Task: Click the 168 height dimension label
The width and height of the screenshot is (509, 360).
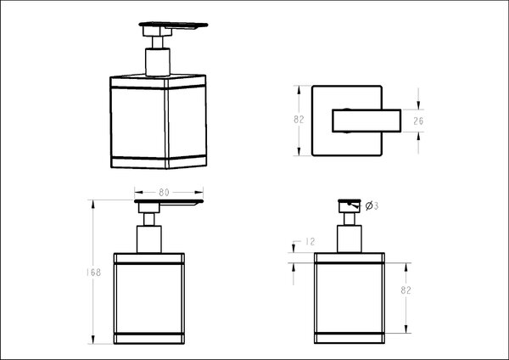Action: [x=93, y=273]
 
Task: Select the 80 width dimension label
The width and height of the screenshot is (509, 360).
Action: [x=164, y=193]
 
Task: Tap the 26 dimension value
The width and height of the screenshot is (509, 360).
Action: [x=418, y=121]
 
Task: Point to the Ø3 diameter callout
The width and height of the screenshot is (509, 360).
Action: [x=372, y=205]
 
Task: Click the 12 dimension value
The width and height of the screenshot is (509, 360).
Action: [x=310, y=242]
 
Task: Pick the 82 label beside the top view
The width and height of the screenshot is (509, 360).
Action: [x=299, y=120]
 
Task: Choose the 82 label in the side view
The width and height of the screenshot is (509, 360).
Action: [x=406, y=290]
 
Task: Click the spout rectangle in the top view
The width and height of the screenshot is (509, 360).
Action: [x=366, y=121]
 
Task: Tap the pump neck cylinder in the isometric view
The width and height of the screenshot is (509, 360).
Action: [x=158, y=62]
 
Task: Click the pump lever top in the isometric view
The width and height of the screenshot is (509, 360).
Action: [x=173, y=25]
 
